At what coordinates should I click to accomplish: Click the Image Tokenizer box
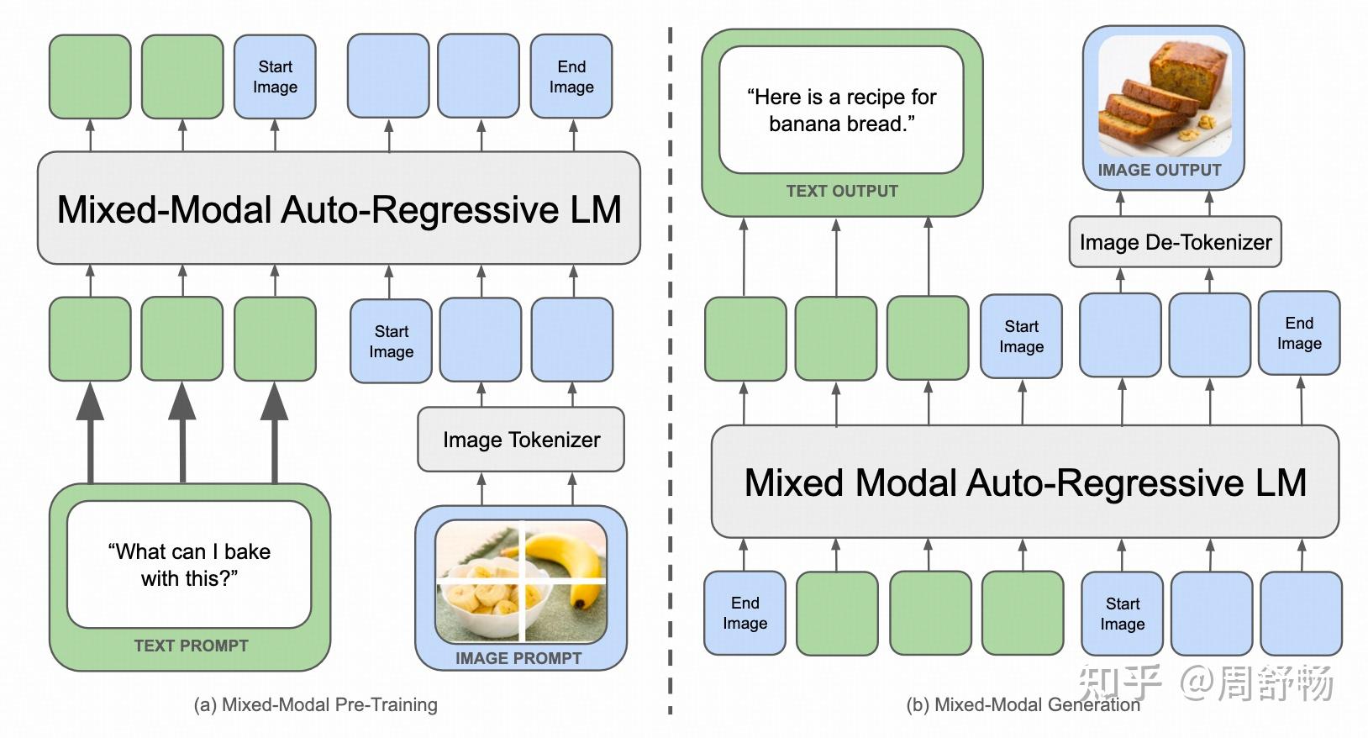[x=521, y=440]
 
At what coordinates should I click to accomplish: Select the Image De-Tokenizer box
[x=1175, y=243]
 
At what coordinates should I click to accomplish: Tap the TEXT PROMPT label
[x=191, y=646]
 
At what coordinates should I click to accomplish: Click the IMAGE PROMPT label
[x=518, y=658]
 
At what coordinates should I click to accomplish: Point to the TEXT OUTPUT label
[x=842, y=191]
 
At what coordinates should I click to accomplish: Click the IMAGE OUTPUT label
[x=1159, y=170]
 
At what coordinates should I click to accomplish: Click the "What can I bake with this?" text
[x=189, y=564]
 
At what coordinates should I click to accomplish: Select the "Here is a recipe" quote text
[x=841, y=110]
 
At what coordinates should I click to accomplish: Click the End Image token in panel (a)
[x=571, y=76]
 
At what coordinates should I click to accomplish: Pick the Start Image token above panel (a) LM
[x=275, y=76]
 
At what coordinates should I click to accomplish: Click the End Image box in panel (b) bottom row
[x=745, y=613]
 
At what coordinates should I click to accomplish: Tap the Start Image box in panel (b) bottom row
[x=1122, y=614]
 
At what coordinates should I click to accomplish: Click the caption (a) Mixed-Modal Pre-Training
[x=315, y=704]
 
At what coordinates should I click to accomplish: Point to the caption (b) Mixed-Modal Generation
[x=1022, y=704]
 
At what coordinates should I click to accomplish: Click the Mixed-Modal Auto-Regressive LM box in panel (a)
[x=339, y=208]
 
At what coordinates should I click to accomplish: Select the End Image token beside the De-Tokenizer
[x=1298, y=333]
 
